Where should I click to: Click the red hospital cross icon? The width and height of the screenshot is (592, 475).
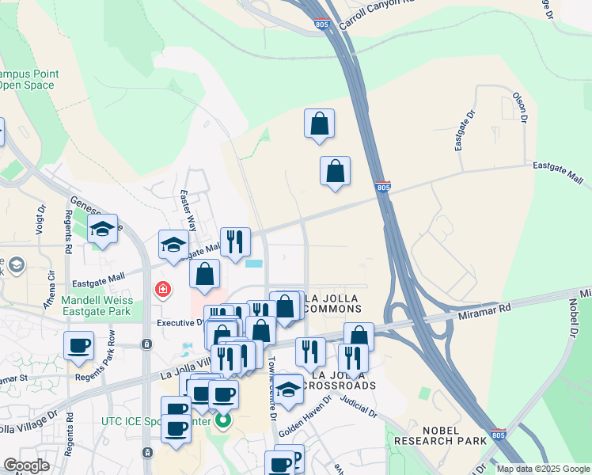[164, 291]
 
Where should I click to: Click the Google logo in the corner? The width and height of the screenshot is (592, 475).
[26, 465]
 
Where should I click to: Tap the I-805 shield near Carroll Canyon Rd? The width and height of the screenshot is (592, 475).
[321, 25]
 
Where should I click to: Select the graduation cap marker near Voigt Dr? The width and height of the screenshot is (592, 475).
[103, 230]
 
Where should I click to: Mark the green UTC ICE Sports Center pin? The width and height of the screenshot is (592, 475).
[224, 420]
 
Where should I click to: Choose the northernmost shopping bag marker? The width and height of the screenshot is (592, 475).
[319, 124]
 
